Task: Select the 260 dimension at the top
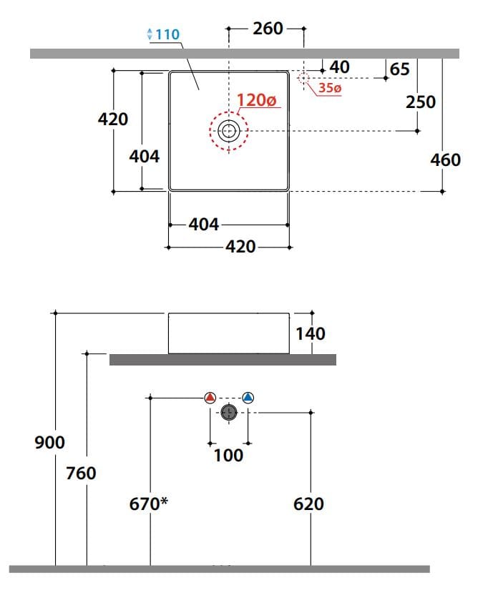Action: [x=268, y=29]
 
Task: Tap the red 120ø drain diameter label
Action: [x=256, y=100]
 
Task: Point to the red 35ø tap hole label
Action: [x=330, y=88]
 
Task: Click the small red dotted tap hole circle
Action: [x=303, y=78]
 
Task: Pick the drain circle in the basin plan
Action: [x=229, y=131]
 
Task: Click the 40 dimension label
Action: [x=340, y=67]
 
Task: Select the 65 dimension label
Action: [x=399, y=69]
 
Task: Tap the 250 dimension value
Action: [x=421, y=102]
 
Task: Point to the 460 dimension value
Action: [x=445, y=160]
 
